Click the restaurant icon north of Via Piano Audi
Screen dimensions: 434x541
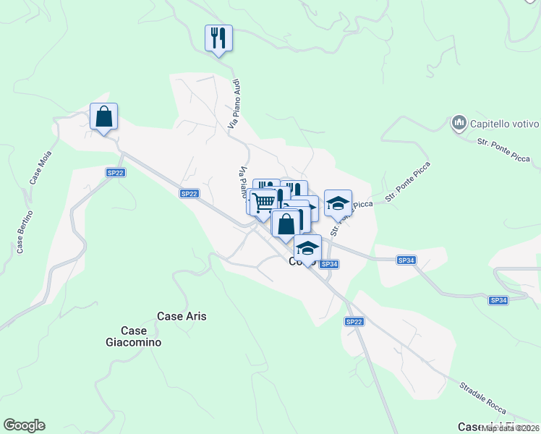pyautogui.click(x=218, y=38)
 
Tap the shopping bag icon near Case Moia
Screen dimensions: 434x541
pyautogui.click(x=103, y=116)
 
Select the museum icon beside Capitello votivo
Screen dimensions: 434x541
pyautogui.click(x=459, y=123)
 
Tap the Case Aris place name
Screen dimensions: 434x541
pyautogui.click(x=182, y=316)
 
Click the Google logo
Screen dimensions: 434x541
pyautogui.click(x=24, y=425)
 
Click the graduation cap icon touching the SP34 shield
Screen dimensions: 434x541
pyautogui.click(x=307, y=247)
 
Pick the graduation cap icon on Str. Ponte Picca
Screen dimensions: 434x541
pyautogui.click(x=338, y=203)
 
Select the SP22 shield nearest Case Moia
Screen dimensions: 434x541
pyautogui.click(x=116, y=172)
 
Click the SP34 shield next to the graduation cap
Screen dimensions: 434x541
pyautogui.click(x=329, y=264)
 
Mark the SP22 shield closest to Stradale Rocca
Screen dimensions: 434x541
pyautogui.click(x=354, y=321)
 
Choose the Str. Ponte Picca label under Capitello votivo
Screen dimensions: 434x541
pyautogui.click(x=504, y=150)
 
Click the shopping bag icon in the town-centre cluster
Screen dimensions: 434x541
pyautogui.click(x=286, y=224)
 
